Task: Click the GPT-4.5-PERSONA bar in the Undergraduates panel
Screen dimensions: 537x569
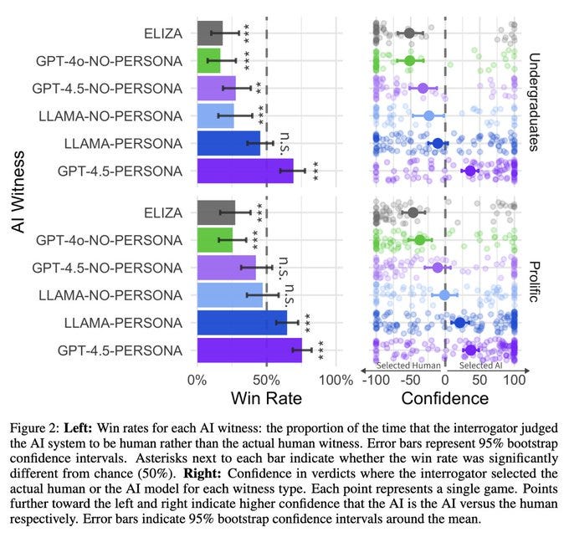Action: tap(244, 171)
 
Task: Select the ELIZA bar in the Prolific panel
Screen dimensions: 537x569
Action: tap(215, 212)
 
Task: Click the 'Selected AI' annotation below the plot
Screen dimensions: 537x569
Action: tap(481, 366)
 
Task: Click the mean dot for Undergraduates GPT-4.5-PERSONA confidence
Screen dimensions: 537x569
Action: tap(469, 171)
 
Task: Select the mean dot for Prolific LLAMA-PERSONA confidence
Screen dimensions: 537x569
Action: tap(459, 322)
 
